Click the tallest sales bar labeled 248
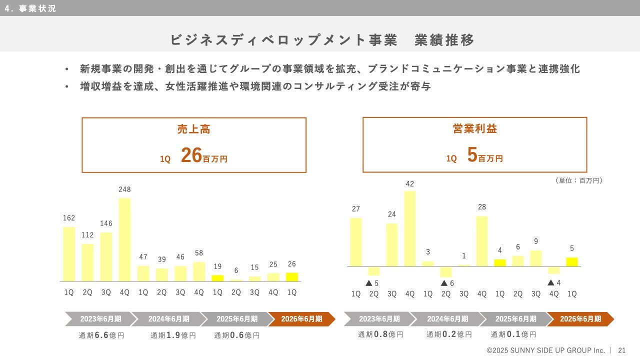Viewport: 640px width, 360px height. point(124,239)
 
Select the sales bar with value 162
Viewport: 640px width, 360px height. point(69,254)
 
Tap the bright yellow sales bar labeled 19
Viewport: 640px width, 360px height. point(217,278)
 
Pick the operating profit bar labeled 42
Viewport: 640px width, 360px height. point(410,228)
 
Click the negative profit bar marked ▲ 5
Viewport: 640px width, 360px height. point(374,271)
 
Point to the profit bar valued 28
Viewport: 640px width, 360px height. point(482,241)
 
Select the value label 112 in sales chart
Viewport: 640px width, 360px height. point(87,235)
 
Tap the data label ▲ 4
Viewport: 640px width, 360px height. point(554,283)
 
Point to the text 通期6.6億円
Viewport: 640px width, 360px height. point(101,335)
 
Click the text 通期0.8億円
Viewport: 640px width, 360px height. point(380,334)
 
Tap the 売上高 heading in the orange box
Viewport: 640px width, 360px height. point(193,129)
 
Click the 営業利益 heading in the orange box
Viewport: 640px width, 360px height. point(474,129)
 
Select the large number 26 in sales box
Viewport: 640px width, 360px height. point(191,156)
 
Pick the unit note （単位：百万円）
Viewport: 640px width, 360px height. point(578,180)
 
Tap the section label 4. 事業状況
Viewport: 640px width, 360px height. point(30,8)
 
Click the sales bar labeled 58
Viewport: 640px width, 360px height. point(199,271)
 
